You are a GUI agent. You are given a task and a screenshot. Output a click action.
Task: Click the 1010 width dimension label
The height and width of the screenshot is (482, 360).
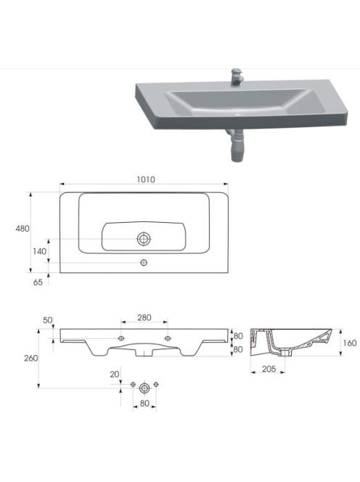click(x=146, y=179)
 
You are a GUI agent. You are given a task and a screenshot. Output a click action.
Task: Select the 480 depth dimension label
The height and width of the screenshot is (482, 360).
click(x=22, y=229)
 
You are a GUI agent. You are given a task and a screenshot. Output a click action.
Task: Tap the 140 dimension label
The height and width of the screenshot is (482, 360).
click(x=40, y=251)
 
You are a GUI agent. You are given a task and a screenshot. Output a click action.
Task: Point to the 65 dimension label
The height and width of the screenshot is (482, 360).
click(x=38, y=282)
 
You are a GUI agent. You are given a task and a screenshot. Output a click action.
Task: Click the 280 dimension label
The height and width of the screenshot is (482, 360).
click(x=144, y=317)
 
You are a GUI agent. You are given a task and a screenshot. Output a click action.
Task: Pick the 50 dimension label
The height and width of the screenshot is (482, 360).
click(x=48, y=320)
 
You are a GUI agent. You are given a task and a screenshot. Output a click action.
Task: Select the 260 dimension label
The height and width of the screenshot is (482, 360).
click(x=31, y=358)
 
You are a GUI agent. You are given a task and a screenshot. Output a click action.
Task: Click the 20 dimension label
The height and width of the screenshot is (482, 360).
click(x=115, y=375)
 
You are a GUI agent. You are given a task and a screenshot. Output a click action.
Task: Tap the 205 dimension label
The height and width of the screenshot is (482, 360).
click(x=269, y=369)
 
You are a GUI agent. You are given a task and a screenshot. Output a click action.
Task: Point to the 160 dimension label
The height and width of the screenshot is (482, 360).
click(x=350, y=343)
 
